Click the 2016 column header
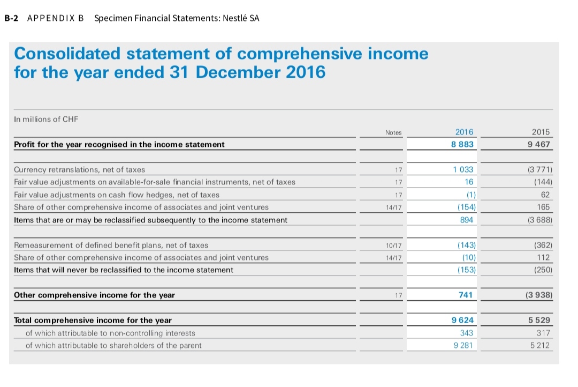click(x=464, y=132)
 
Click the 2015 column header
click(x=541, y=132)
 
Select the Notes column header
click(x=393, y=132)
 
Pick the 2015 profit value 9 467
click(x=539, y=144)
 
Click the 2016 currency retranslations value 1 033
click(x=463, y=169)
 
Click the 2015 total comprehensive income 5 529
click(x=539, y=320)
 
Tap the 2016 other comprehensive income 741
click(x=466, y=295)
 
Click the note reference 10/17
click(x=393, y=245)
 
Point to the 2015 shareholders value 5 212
click(x=539, y=345)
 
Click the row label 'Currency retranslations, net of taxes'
click(x=79, y=169)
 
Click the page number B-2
click(x=11, y=18)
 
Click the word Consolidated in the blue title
click(x=68, y=54)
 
